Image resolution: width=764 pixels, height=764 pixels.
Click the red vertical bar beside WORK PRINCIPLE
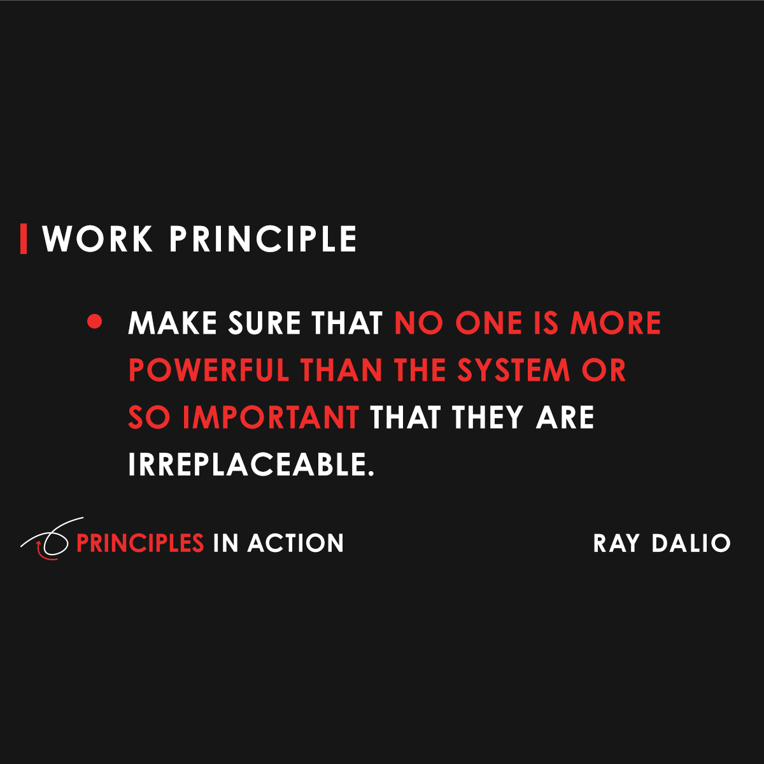coord(24,239)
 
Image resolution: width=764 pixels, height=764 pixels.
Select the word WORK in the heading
coord(98,239)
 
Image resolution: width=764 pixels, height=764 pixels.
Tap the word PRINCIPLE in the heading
coord(263,239)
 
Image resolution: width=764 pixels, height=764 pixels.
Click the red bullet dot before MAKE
coord(95,322)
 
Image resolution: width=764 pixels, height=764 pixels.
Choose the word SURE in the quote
coord(264,323)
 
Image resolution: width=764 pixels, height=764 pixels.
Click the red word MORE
coord(616,323)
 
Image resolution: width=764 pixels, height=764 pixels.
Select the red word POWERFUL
coord(209,371)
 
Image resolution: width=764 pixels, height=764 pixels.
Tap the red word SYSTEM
coord(514,371)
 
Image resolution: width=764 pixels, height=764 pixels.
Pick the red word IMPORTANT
coord(271,418)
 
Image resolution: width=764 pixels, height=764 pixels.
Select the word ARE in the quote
coord(565,418)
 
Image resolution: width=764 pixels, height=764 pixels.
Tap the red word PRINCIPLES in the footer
coord(140,543)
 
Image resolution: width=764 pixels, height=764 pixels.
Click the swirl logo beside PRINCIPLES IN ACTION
coord(48,540)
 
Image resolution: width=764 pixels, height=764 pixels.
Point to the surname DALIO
coord(691,543)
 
